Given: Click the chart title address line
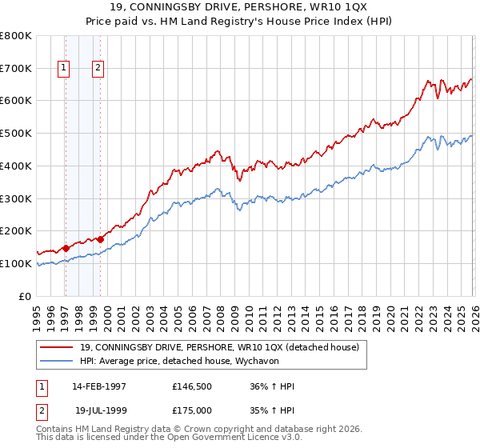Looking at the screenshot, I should [x=240, y=8].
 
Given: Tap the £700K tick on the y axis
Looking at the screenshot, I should [x=16, y=68].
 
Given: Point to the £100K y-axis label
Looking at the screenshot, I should [x=16, y=263].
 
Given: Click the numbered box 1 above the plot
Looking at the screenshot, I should [x=63, y=69].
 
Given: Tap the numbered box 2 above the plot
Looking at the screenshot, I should [x=98, y=69].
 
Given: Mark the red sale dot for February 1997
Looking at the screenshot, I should [x=66, y=248].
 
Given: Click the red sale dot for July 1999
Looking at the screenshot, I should [x=100, y=238].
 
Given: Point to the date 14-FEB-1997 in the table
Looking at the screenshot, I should [x=99, y=386].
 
